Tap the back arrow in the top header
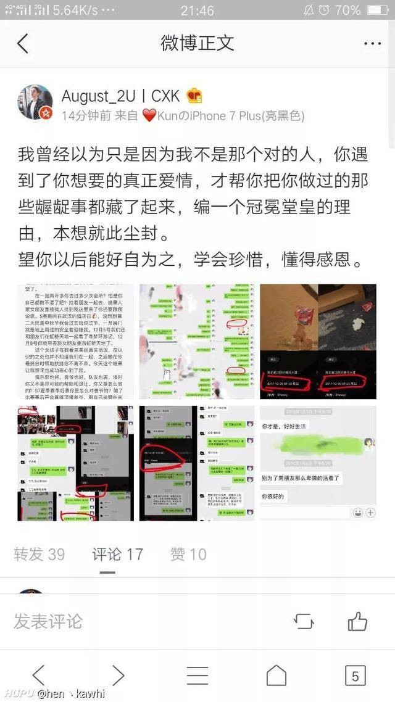pos(23,43)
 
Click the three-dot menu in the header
pos(373,44)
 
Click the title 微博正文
pos(197,43)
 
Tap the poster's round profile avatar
pos(35,102)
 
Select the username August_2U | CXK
pos(120,96)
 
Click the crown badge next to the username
pos(194,96)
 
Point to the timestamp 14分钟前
pos(86,115)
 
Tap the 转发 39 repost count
pos(39,554)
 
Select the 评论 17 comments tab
pos(117,554)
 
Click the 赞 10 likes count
pos(188,554)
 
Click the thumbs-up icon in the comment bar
pos(357,621)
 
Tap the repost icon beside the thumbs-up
pos(304,621)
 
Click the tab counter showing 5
pos(355,676)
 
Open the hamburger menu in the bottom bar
pos(197,676)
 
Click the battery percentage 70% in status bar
pos(347,10)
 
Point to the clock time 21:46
pos(197,10)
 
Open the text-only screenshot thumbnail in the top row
pos(75,341)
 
